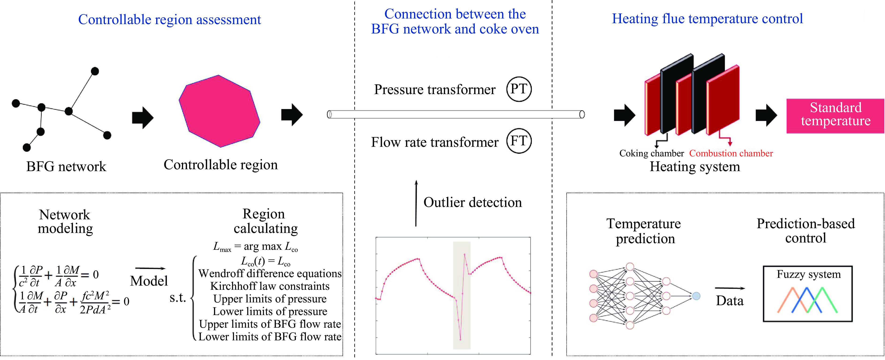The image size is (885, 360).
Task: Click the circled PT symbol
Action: tap(519, 89)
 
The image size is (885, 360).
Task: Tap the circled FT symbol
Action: tap(519, 141)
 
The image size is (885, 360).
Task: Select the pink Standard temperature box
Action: tap(835, 116)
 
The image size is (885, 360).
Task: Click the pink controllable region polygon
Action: tap(219, 111)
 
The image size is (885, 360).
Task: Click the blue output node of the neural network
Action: tap(696, 296)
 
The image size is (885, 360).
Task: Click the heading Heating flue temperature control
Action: tap(707, 18)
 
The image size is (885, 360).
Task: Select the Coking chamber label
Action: tap(651, 153)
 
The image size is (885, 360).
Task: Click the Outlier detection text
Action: tap(472, 202)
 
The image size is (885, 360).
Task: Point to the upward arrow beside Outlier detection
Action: tap(416, 203)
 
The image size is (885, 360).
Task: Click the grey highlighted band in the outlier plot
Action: tap(461, 295)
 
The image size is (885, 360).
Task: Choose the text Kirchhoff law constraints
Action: tap(270, 286)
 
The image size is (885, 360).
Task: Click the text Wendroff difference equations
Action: tap(270, 273)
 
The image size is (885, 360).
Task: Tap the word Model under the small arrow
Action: tap(149, 281)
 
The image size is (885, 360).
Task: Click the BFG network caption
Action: tap(66, 167)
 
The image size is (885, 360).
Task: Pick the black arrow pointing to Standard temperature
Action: tap(766, 115)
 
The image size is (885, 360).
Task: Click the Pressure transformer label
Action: tap(435, 90)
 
